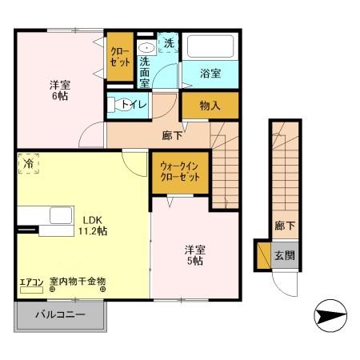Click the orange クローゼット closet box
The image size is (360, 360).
(120, 57)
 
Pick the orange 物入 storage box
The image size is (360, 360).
(210, 104)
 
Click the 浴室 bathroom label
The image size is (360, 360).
(210, 75)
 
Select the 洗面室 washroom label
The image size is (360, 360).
(146, 71)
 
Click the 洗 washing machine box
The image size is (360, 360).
(168, 43)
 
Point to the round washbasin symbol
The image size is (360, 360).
(146, 46)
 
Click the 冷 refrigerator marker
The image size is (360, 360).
(28, 163)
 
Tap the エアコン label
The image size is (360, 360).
(33, 282)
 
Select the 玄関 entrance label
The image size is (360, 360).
(285, 256)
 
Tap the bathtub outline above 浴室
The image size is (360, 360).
(210, 47)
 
